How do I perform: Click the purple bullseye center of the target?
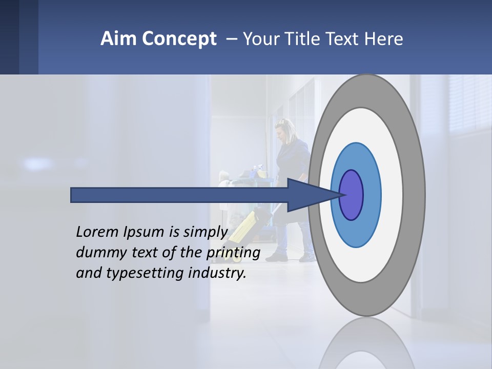tap(352, 195)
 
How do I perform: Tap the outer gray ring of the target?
tap(415, 195)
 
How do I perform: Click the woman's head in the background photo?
tap(284, 129)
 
